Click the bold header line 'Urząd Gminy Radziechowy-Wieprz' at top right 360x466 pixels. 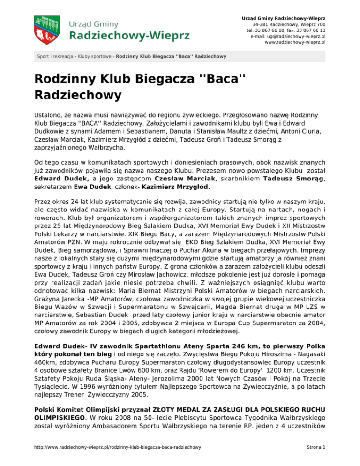click(x=280, y=17)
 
